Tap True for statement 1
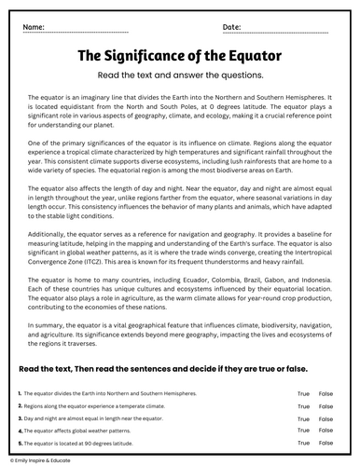click(x=303, y=394)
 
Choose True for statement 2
click(x=303, y=406)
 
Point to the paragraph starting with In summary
click(x=180, y=336)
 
